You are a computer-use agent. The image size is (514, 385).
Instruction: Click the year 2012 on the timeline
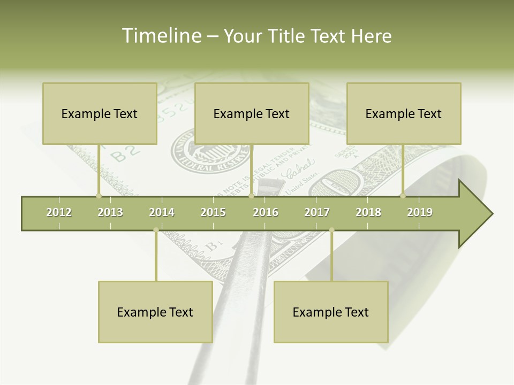coord(59,212)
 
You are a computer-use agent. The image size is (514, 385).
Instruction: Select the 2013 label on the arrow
coord(110,212)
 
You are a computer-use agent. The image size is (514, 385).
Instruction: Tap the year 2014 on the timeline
coord(162,212)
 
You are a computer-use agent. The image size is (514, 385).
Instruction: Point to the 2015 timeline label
coord(213,212)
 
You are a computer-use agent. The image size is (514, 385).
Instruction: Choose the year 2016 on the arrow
coord(266,212)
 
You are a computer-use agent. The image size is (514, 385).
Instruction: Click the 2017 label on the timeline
coord(317,212)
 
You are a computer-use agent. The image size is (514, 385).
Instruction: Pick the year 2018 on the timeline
coord(368,212)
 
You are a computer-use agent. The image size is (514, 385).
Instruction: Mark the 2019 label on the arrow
coord(420,212)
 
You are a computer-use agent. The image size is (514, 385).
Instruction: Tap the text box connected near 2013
coord(100,113)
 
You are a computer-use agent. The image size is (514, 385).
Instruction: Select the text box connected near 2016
coord(252,113)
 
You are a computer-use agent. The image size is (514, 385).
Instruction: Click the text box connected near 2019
coord(404,113)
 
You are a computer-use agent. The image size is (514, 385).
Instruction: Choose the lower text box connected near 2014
coord(155,312)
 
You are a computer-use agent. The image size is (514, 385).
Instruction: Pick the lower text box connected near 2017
coord(331,312)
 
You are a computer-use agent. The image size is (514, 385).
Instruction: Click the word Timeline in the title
coord(161,36)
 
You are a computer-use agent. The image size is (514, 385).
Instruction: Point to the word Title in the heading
coord(288,36)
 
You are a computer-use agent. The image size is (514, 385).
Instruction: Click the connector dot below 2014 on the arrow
coord(156,230)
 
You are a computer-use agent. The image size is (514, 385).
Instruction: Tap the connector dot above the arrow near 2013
coord(99,196)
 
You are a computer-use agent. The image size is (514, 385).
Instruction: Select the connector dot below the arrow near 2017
coord(331,230)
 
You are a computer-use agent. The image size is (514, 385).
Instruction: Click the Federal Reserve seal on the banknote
coord(206,151)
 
